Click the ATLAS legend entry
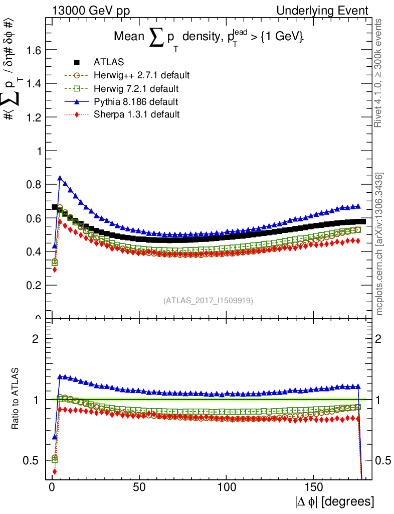109,63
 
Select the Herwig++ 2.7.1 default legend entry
141,76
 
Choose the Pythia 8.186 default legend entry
136,102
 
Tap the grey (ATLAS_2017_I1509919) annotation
208,301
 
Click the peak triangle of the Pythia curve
60,178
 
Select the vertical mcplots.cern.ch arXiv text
379,244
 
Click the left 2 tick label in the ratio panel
36,338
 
